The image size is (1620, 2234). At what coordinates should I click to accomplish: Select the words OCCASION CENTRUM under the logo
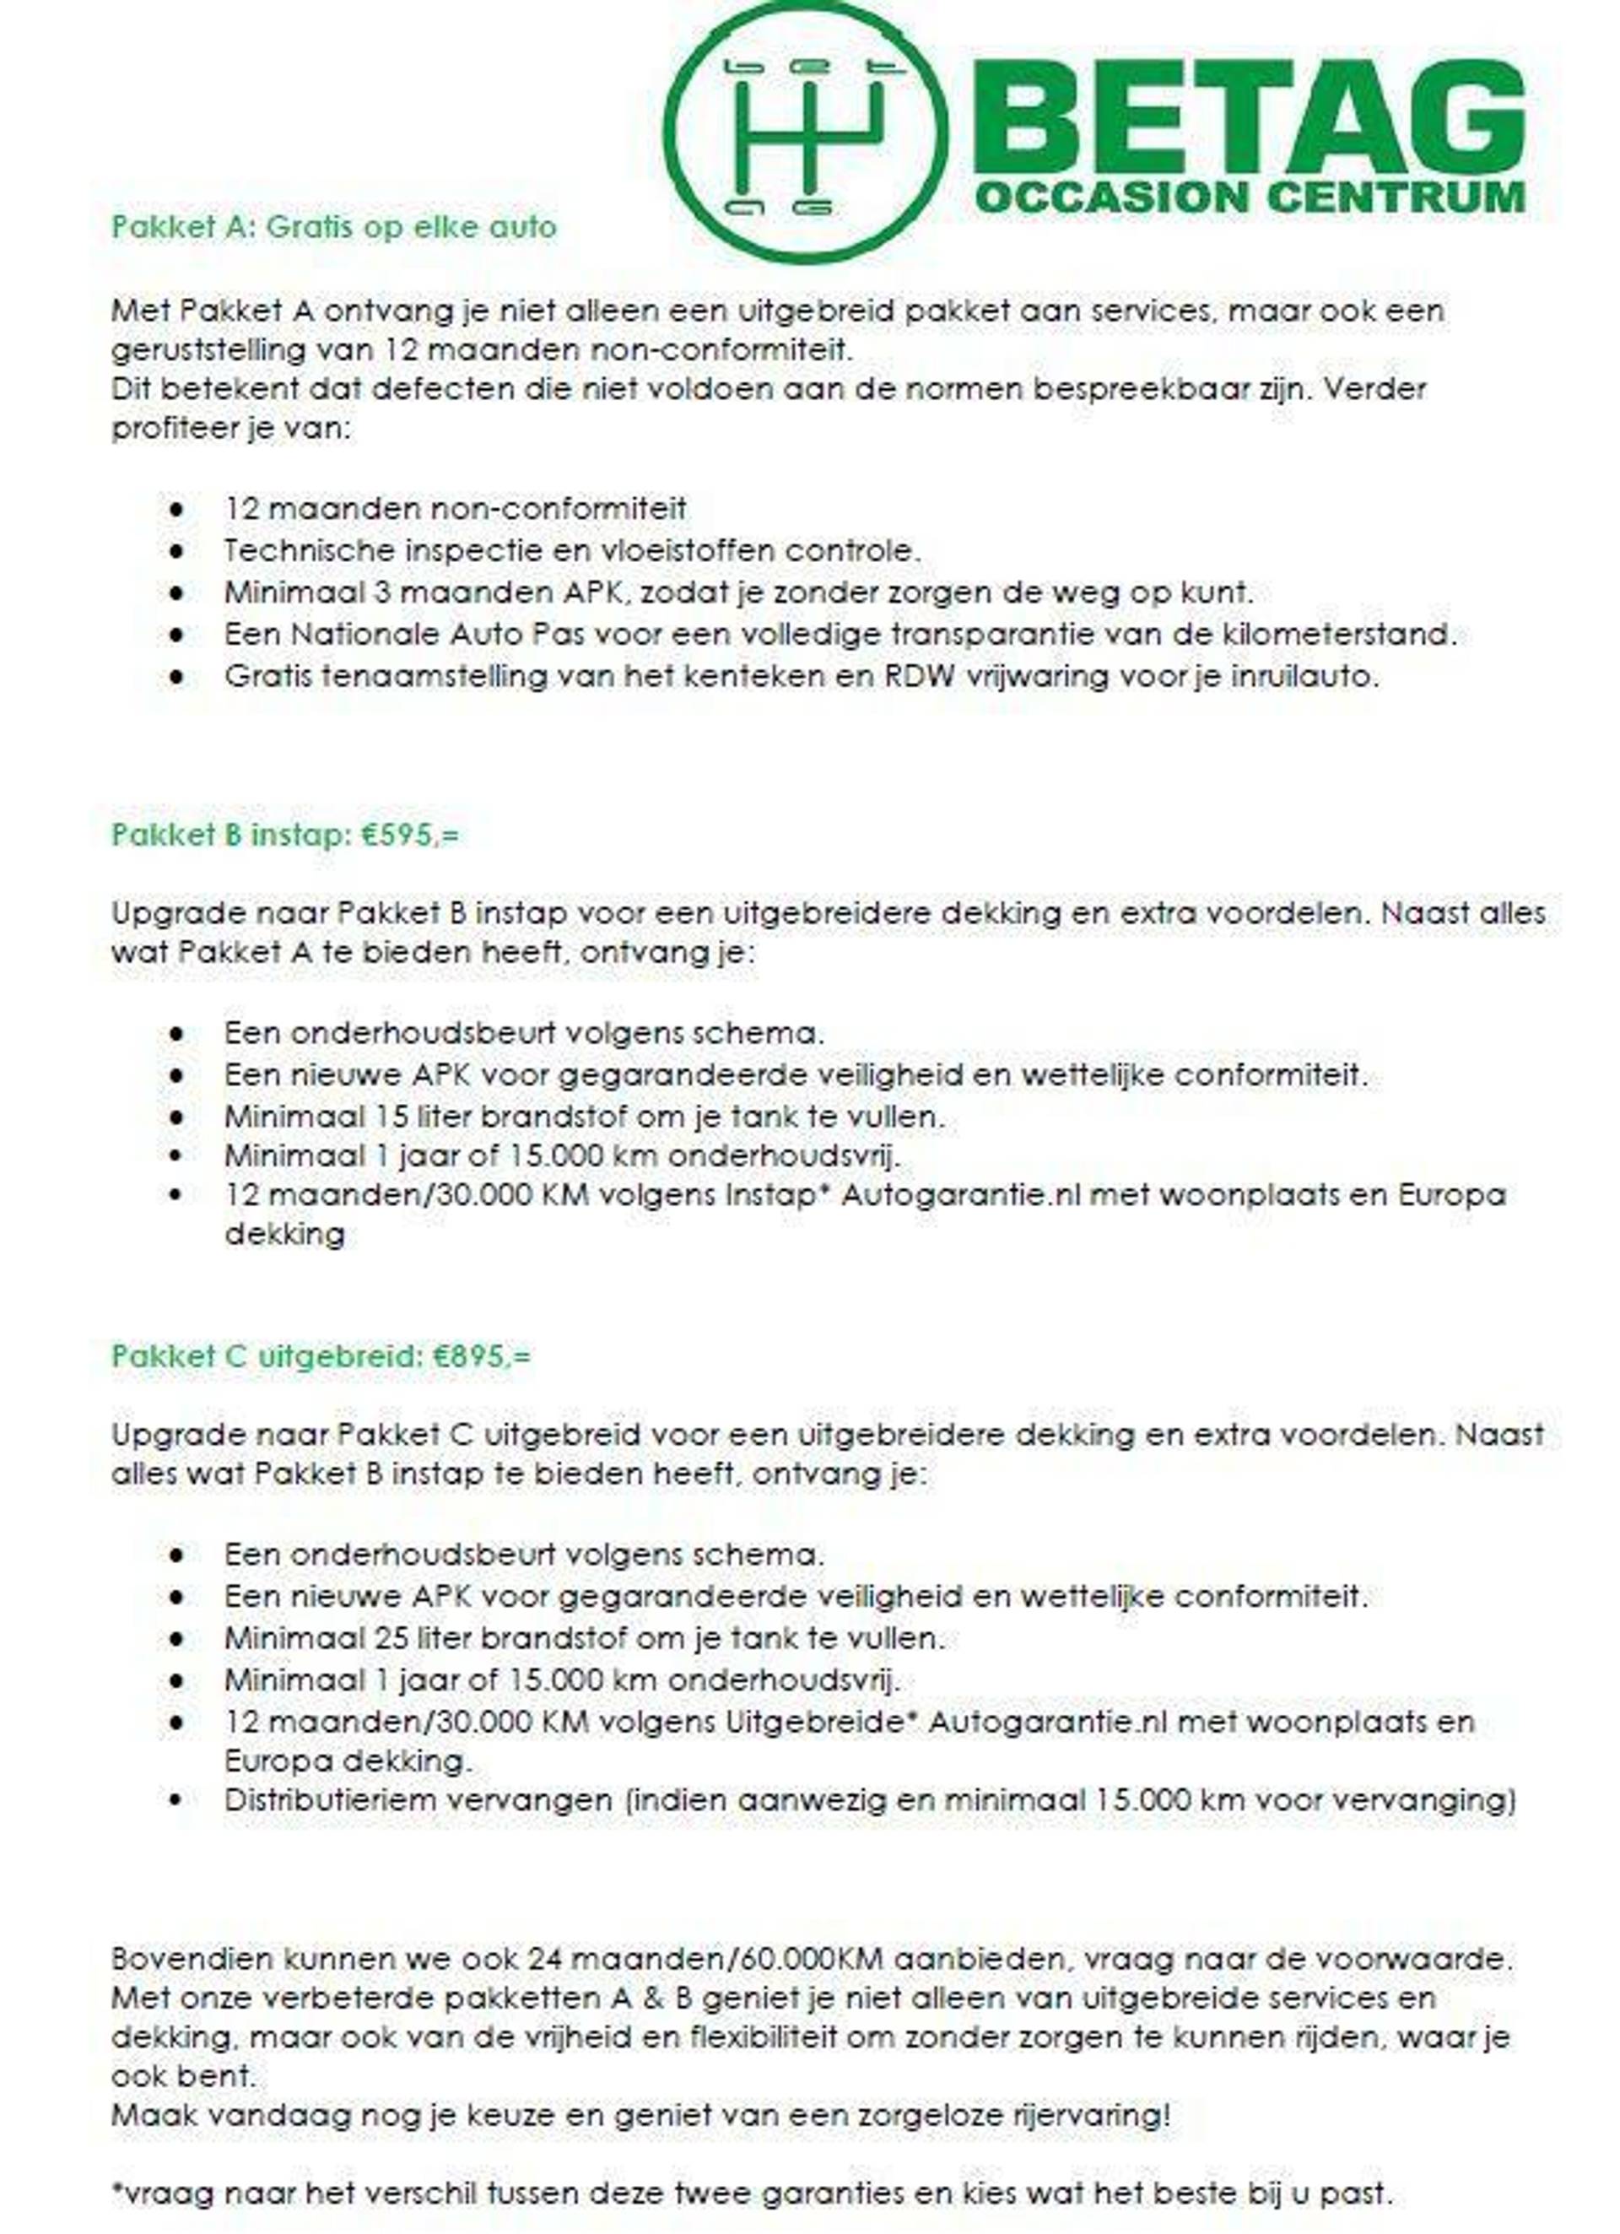point(1249,197)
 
